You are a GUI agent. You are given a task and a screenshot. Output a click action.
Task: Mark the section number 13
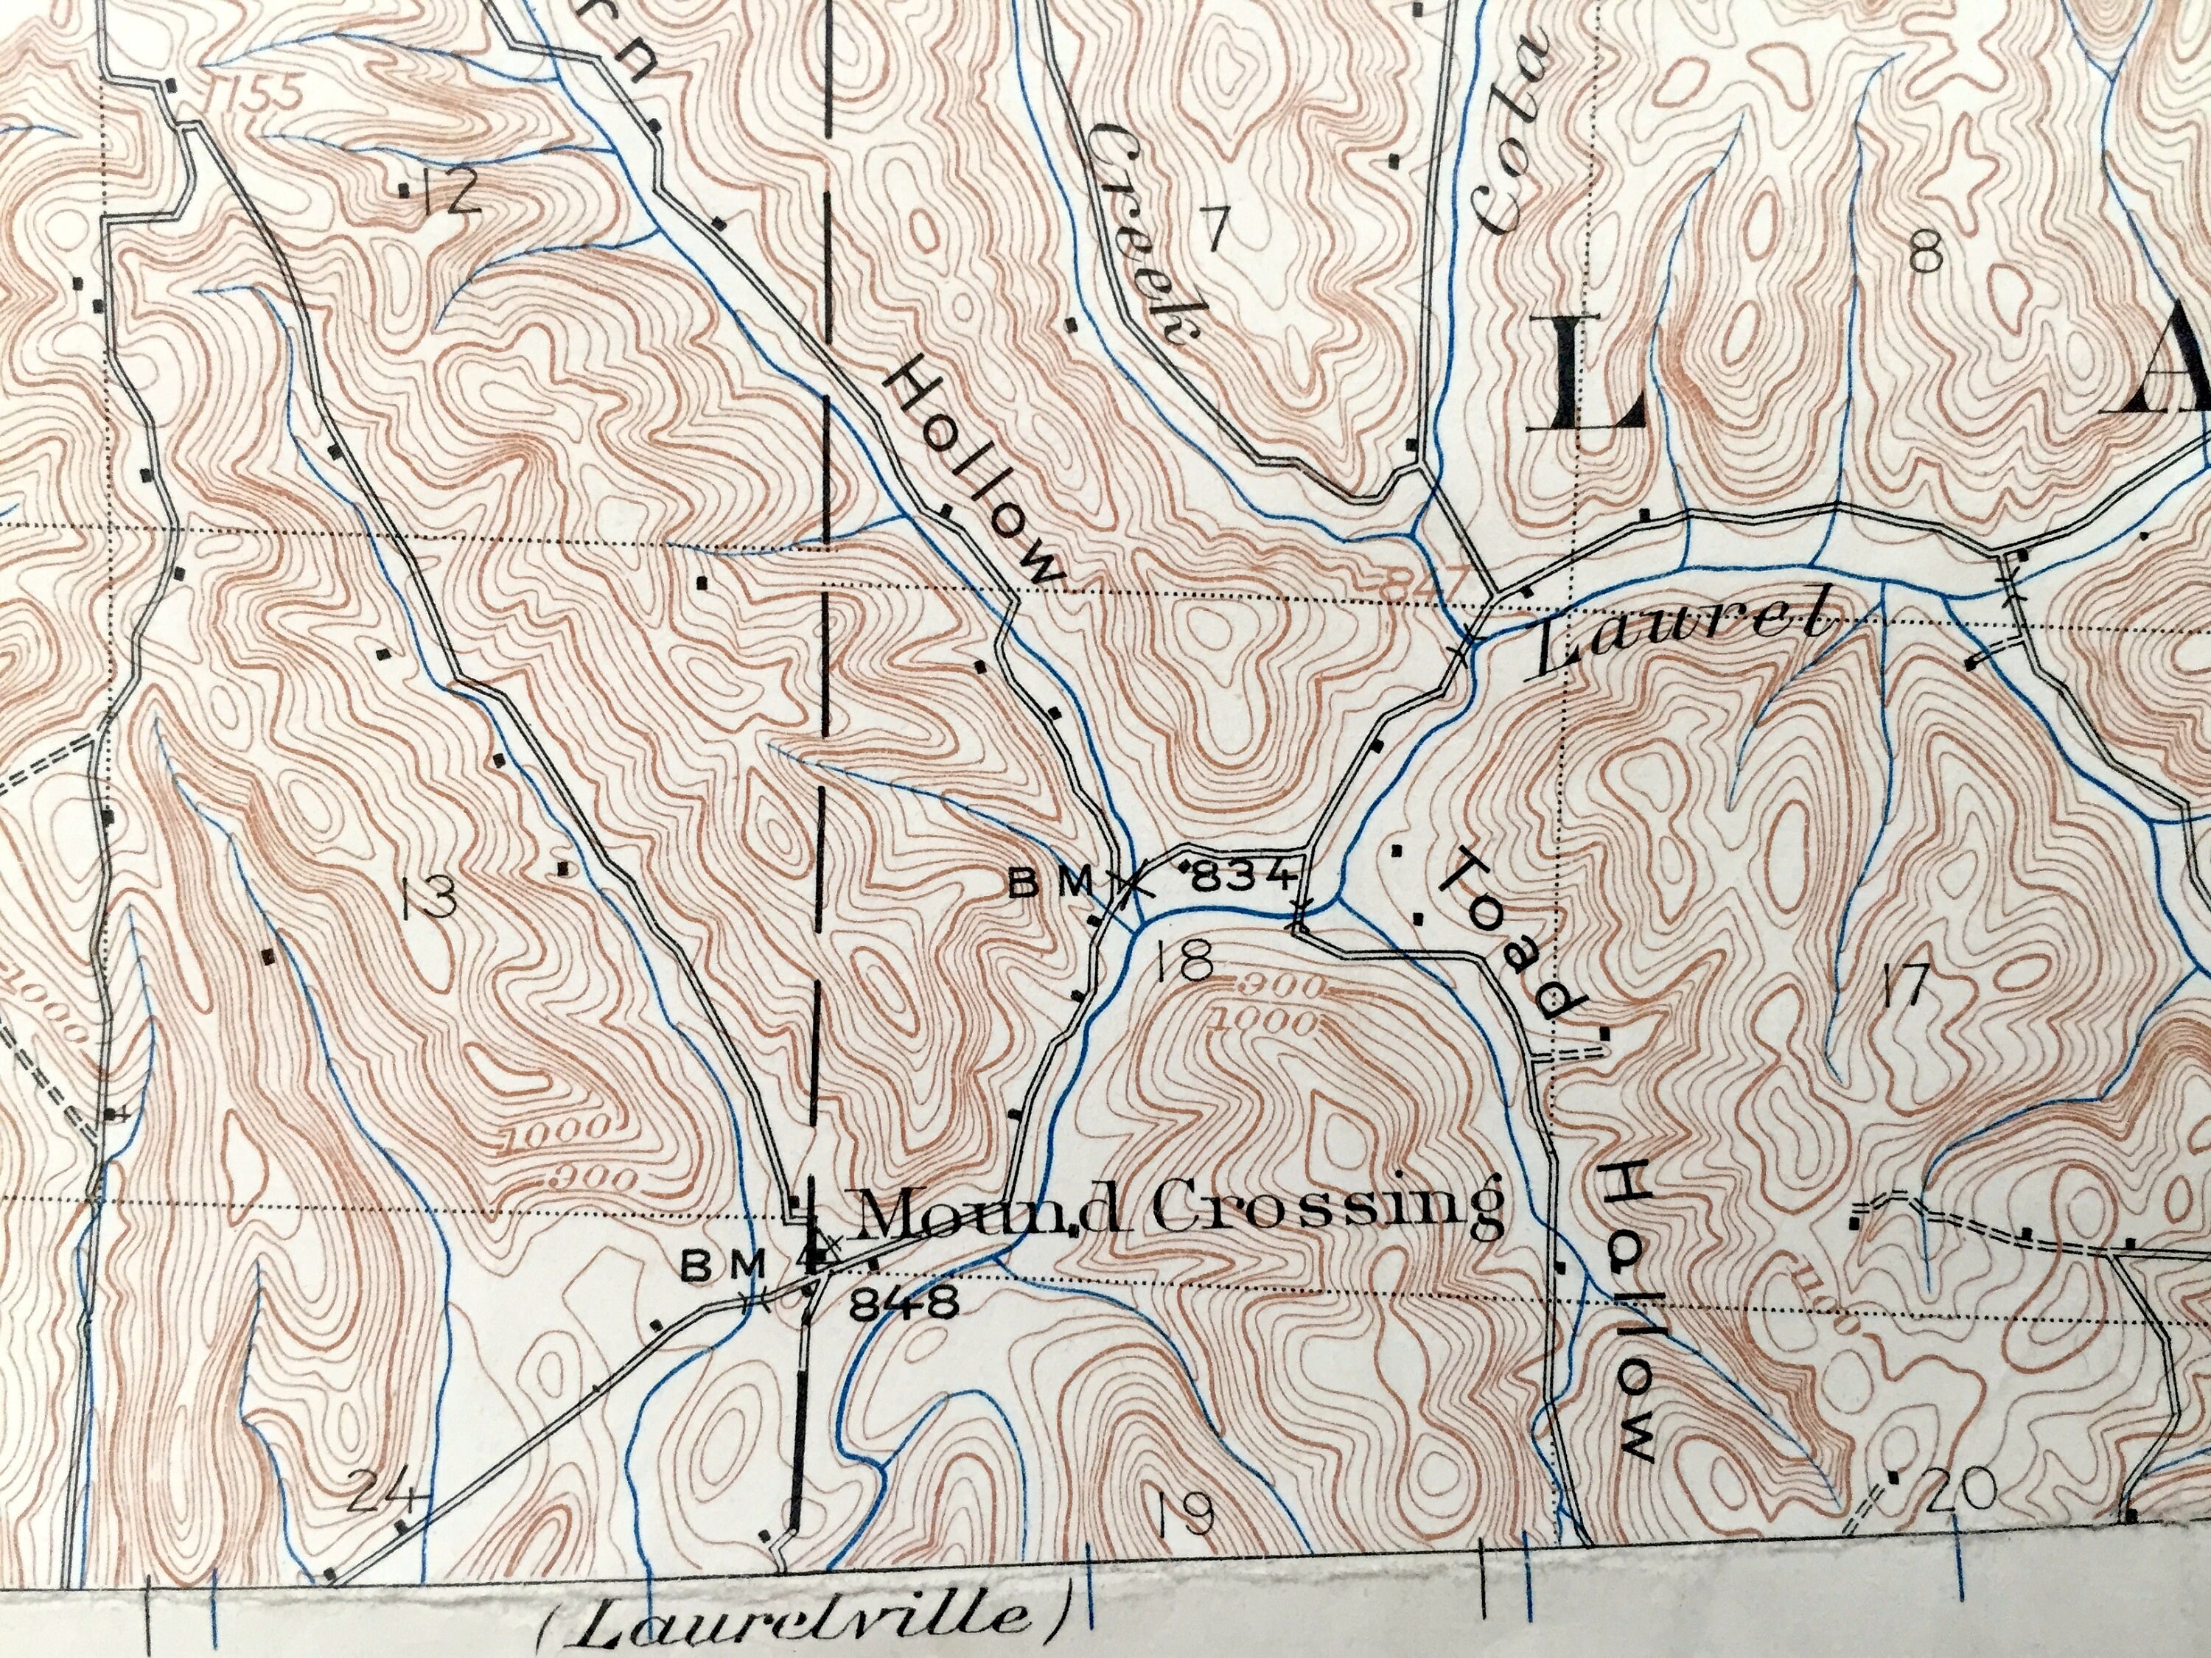click(429, 898)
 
